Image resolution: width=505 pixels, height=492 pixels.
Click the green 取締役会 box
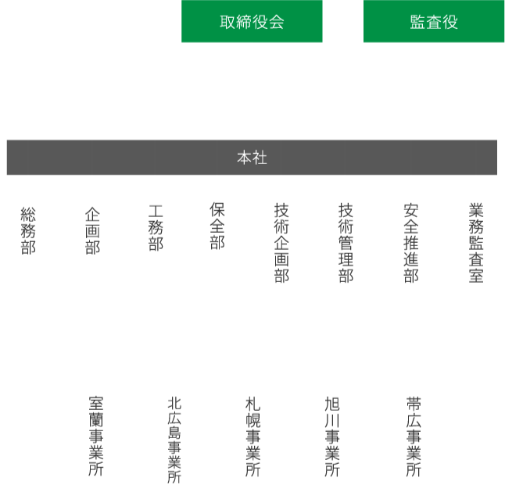[x=252, y=22]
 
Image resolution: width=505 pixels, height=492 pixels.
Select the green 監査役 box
[x=433, y=22]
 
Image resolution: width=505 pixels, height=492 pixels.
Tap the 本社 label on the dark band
[x=252, y=158]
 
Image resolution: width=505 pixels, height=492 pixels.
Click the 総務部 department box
[x=28, y=243]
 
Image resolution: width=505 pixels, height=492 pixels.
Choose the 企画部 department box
[x=92, y=243]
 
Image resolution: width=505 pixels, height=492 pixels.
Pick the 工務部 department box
[x=156, y=243]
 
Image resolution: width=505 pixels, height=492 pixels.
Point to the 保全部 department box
[x=217, y=243]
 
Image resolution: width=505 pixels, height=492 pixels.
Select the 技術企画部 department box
[x=281, y=243]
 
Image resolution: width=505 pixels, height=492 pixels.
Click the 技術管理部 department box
[x=346, y=243]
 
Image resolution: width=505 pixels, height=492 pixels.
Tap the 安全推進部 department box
[x=411, y=243]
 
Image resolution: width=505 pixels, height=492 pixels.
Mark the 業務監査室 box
[x=476, y=243]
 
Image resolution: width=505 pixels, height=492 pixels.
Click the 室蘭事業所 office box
[x=95, y=437]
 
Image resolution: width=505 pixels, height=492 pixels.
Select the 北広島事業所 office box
[x=174, y=437]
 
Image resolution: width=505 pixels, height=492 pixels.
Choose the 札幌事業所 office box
[x=252, y=437]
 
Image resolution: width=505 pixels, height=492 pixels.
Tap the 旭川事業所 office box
[x=332, y=437]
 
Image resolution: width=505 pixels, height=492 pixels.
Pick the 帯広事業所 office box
[x=413, y=437]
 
